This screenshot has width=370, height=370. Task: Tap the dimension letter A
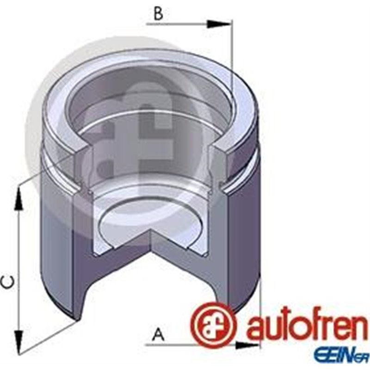coord(159,333)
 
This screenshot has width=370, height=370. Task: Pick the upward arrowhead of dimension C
coord(18,197)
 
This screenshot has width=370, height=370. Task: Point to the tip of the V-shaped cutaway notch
coord(152,234)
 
